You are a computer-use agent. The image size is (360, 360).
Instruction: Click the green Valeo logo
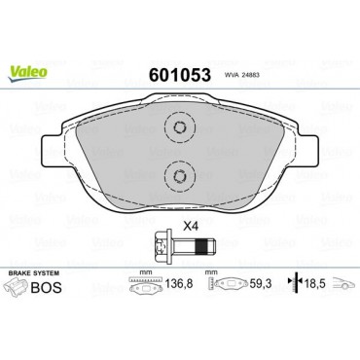point(27,73)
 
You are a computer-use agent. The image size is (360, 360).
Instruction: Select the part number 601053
point(179,75)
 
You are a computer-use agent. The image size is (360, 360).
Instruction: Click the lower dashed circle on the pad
point(180,176)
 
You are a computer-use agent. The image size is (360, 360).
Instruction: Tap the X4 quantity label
point(191,227)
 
